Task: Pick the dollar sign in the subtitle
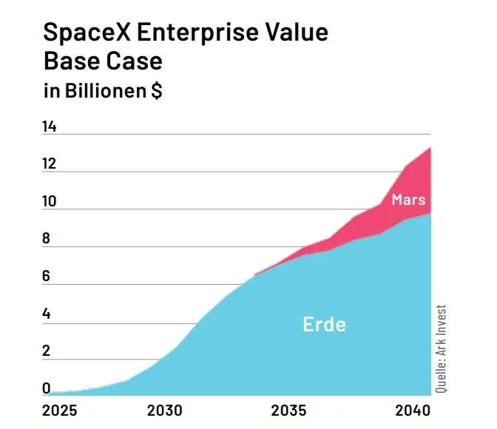click(157, 92)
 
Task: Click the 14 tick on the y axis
click(50, 127)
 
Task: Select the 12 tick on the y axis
click(50, 164)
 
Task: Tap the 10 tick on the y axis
click(50, 202)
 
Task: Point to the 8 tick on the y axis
click(47, 239)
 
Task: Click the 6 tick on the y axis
click(47, 277)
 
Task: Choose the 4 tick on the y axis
click(47, 314)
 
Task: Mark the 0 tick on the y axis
click(47, 388)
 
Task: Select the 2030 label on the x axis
click(164, 411)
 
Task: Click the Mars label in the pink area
click(408, 200)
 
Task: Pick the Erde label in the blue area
click(324, 324)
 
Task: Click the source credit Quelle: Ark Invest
click(441, 348)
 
